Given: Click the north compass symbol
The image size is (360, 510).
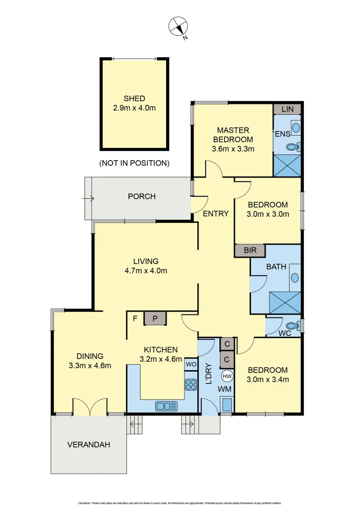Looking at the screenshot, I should click(x=179, y=26).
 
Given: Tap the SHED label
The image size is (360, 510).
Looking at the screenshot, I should click(x=134, y=99).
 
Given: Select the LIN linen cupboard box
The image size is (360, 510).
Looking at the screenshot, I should click(x=287, y=109).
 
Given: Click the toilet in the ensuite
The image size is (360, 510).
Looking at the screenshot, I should click(x=293, y=147).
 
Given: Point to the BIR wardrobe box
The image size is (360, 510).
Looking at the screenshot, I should click(x=250, y=250).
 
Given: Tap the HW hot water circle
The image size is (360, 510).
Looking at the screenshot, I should click(x=227, y=376).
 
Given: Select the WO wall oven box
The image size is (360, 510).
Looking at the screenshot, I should click(x=191, y=365).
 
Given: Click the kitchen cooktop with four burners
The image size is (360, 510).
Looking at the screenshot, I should click(x=191, y=385).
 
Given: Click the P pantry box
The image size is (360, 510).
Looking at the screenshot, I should click(x=155, y=319).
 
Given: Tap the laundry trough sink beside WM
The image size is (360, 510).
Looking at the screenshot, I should click(x=227, y=405).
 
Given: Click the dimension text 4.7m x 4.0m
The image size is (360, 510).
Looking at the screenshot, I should click(x=146, y=271).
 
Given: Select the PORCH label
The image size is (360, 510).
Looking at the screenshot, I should click(x=142, y=196).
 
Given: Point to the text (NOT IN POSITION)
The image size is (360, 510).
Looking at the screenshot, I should click(x=134, y=163).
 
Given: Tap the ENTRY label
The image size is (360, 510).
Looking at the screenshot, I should click(x=216, y=213).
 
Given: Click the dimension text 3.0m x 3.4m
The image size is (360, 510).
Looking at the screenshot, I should click(x=268, y=379).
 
